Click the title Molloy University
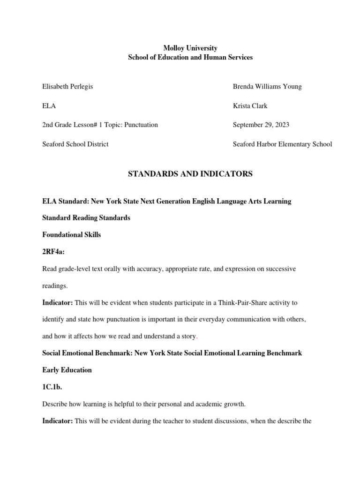click(190, 48)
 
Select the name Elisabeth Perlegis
click(67, 87)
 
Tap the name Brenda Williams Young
click(267, 87)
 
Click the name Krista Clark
click(250, 106)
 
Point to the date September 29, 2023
click(261, 125)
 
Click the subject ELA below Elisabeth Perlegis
click(49, 106)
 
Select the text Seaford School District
click(75, 144)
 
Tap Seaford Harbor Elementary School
click(282, 144)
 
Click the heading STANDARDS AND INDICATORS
click(190, 174)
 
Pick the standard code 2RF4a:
click(53, 252)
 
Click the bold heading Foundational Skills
click(71, 235)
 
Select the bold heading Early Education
click(67, 370)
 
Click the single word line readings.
click(55, 285)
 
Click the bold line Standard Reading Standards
click(86, 218)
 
